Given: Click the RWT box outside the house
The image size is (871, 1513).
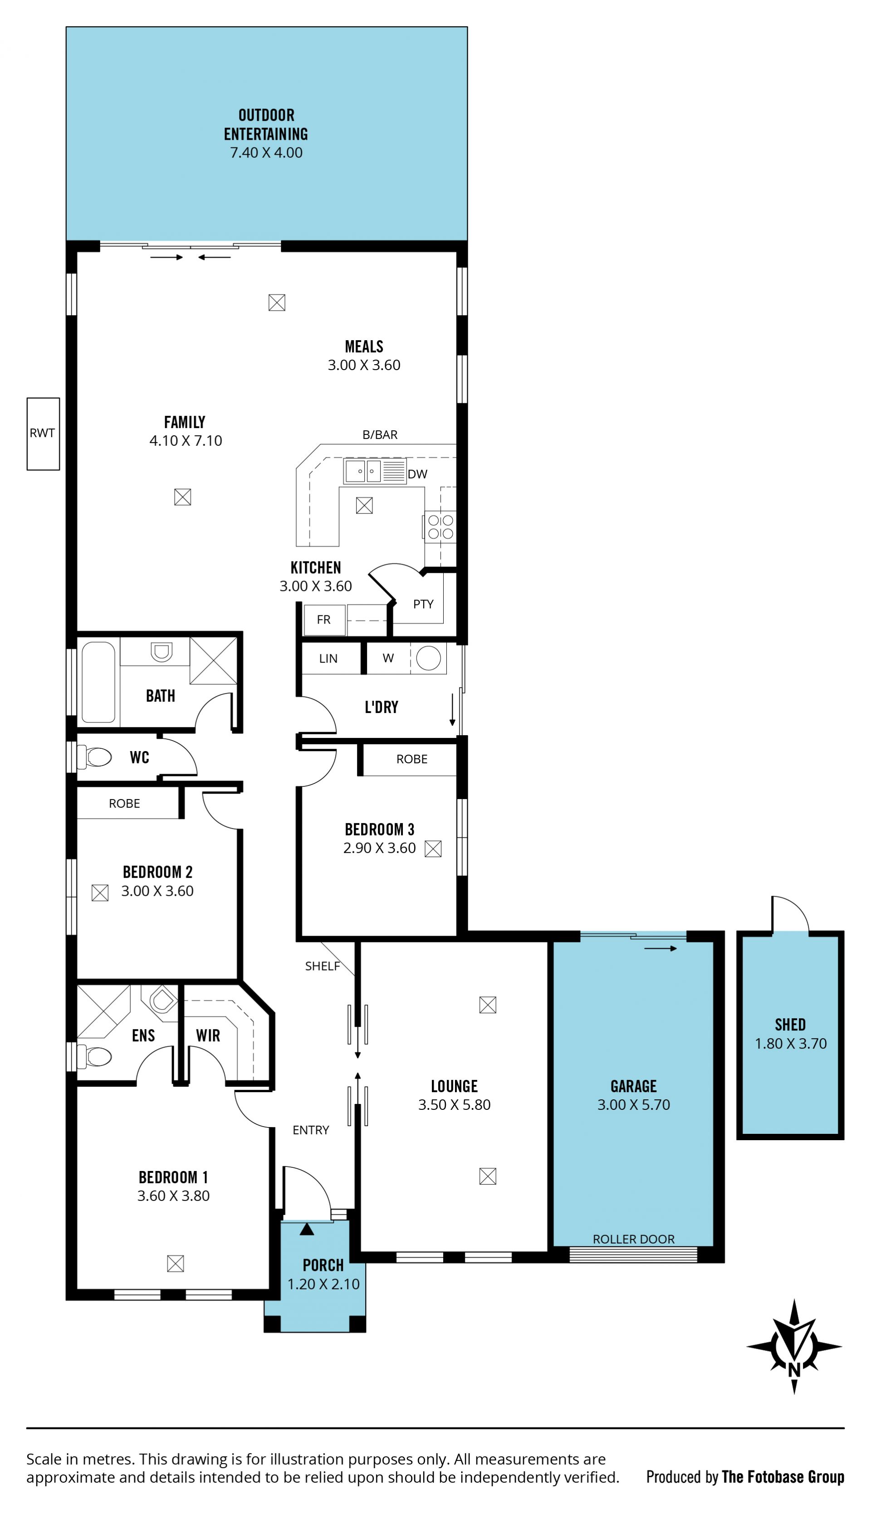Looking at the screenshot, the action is point(43,434).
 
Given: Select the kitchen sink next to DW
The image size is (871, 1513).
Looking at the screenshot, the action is point(363,471).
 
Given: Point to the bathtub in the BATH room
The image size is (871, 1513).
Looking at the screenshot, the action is point(98,682).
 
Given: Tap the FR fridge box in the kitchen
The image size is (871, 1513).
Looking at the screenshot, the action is point(323,620).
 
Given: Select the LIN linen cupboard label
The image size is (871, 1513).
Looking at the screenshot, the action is point(328,659).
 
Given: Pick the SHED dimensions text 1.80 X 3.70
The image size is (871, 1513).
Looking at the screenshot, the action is point(790,1044).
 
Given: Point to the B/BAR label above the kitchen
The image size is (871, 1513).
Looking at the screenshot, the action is point(380,435).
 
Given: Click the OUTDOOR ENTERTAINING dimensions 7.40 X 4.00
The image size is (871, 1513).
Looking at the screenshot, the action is point(266,152).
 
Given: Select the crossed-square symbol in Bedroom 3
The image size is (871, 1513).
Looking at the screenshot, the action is point(433,849).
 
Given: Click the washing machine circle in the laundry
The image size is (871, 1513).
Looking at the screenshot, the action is point(428,659).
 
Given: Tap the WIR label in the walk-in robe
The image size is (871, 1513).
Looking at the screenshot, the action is point(208,1036).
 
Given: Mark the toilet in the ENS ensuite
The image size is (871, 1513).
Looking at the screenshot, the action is point(96,1057).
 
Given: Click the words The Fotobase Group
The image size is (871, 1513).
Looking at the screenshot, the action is point(783,1477).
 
